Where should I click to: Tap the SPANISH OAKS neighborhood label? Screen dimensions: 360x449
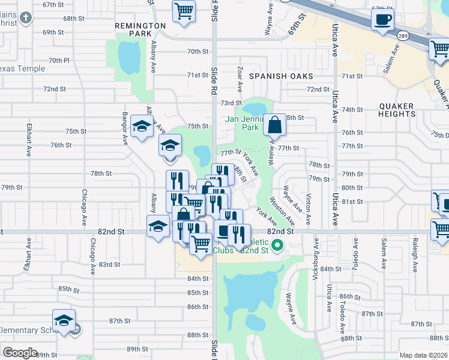point(282,76)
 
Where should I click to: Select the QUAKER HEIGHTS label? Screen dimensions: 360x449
point(397,110)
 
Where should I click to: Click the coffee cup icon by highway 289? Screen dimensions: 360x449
point(382,21)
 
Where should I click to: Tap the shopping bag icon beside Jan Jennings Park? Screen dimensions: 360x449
point(274,125)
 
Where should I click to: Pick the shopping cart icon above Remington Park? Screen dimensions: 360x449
point(184,10)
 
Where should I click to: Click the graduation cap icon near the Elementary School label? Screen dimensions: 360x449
point(64,321)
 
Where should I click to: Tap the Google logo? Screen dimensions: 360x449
point(20,353)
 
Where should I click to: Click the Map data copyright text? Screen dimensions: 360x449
point(423,355)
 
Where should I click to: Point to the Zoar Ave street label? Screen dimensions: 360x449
point(240,79)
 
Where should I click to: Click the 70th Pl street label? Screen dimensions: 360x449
point(59,61)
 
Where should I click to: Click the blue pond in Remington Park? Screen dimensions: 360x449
point(128,58)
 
